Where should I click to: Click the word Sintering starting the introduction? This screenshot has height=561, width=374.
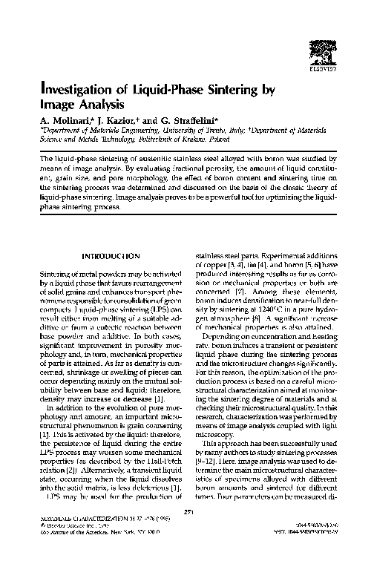coord(53,275)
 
